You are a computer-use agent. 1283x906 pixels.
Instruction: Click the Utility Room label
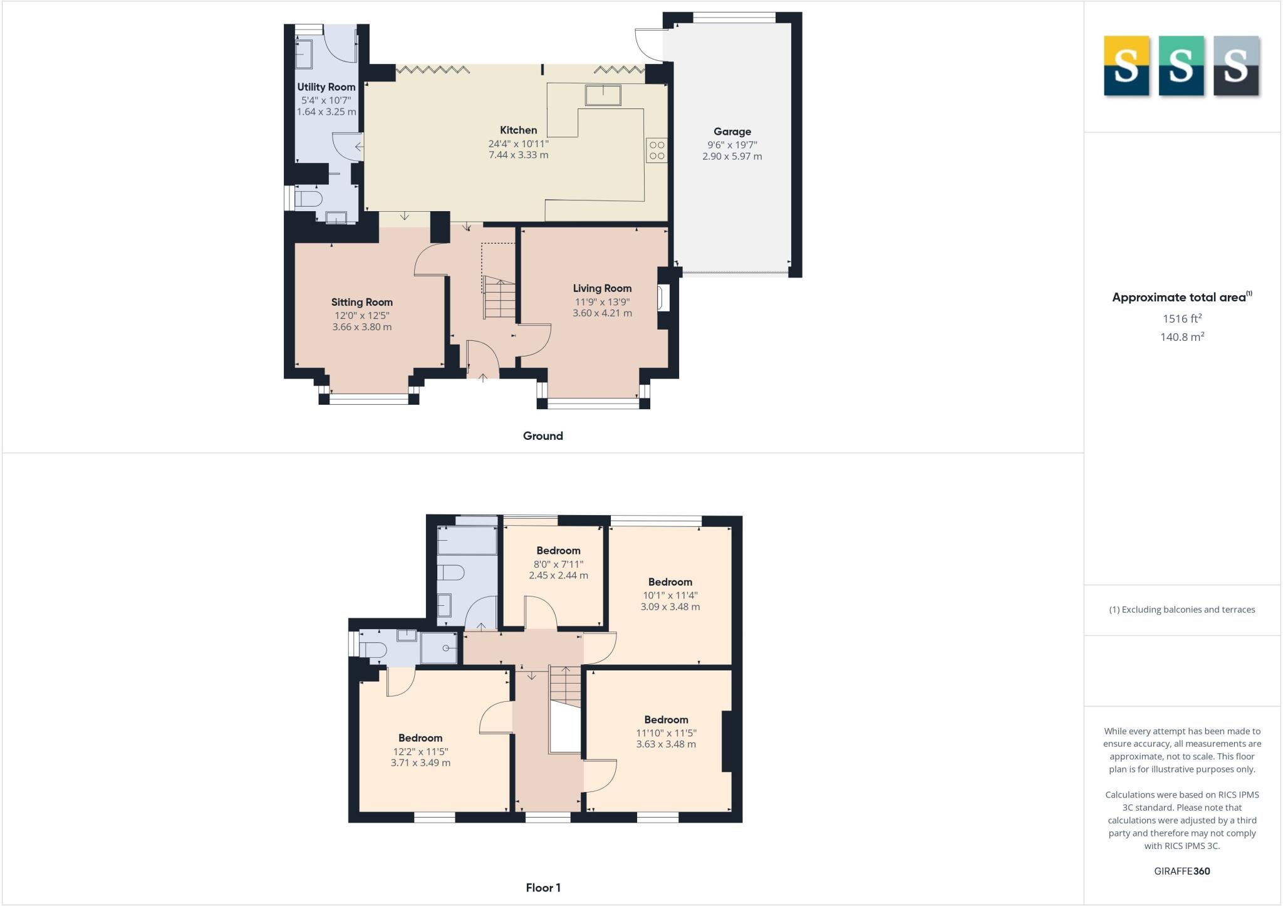point(326,87)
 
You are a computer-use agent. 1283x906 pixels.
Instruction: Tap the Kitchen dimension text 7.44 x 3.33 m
point(518,155)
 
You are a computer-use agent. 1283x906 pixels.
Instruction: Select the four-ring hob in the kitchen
point(657,150)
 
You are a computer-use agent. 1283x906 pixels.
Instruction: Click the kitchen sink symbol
point(603,95)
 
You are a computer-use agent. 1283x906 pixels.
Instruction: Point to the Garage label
point(732,132)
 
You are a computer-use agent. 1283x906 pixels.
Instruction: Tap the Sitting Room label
point(361,302)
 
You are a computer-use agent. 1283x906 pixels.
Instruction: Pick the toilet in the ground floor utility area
point(308,200)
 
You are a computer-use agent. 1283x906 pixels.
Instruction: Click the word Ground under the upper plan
point(543,436)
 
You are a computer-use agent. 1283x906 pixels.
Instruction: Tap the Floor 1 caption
point(543,888)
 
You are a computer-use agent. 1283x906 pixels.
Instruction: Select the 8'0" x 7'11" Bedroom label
point(558,551)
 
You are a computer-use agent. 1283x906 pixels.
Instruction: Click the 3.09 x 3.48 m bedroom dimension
point(670,607)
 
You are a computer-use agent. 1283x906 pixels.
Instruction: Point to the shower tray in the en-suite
point(439,648)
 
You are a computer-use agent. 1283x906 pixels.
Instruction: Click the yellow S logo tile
point(1126,66)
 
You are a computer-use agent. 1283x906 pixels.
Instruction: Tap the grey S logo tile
point(1235,66)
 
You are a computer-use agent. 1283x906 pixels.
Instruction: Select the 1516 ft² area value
point(1182,319)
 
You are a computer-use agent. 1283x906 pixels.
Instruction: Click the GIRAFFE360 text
point(1182,871)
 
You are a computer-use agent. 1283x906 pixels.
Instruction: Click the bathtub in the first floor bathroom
point(467,540)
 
